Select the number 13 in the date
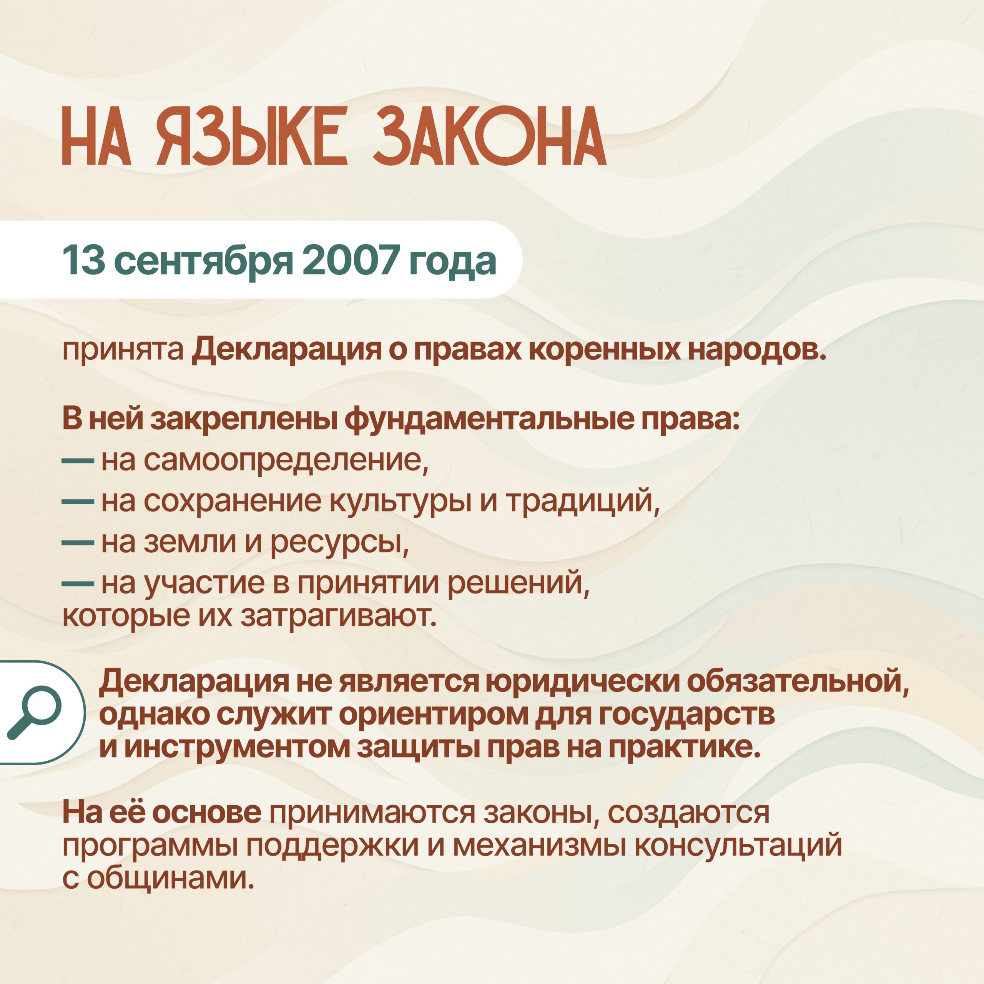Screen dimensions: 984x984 (83, 260)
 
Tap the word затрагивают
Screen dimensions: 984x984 (339, 616)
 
